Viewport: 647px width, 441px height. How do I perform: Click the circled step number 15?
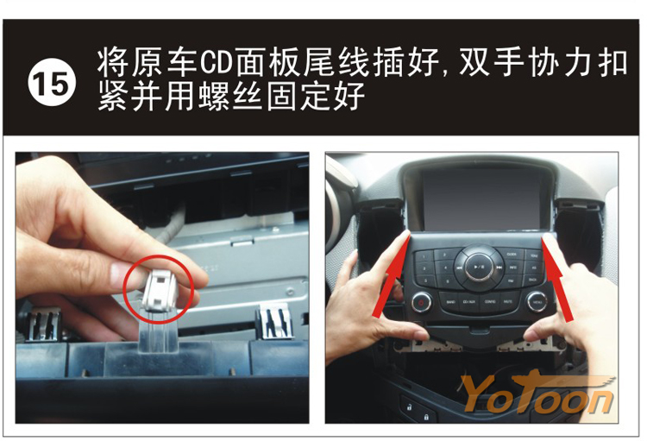pyautogui.click(x=52, y=82)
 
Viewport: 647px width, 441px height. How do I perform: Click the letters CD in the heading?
pyautogui.click(x=216, y=63)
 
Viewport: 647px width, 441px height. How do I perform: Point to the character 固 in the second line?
pyautogui.click(x=281, y=96)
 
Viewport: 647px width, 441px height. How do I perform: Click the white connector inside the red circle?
pyautogui.click(x=160, y=290)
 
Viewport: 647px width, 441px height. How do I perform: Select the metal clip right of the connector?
pyautogui.click(x=274, y=322)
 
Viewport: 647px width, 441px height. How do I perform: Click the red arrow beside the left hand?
pyautogui.click(x=392, y=274)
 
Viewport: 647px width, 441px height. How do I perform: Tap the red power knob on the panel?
pyautogui.click(x=421, y=303)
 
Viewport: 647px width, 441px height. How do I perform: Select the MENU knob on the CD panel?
pyautogui.click(x=537, y=302)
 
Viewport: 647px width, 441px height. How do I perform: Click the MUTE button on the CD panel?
pyautogui.click(x=508, y=302)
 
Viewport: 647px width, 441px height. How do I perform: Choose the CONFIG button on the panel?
pyautogui.click(x=490, y=302)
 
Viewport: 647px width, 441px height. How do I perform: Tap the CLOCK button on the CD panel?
pyautogui.click(x=512, y=255)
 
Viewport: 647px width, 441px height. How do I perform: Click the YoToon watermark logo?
pyautogui.click(x=537, y=394)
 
